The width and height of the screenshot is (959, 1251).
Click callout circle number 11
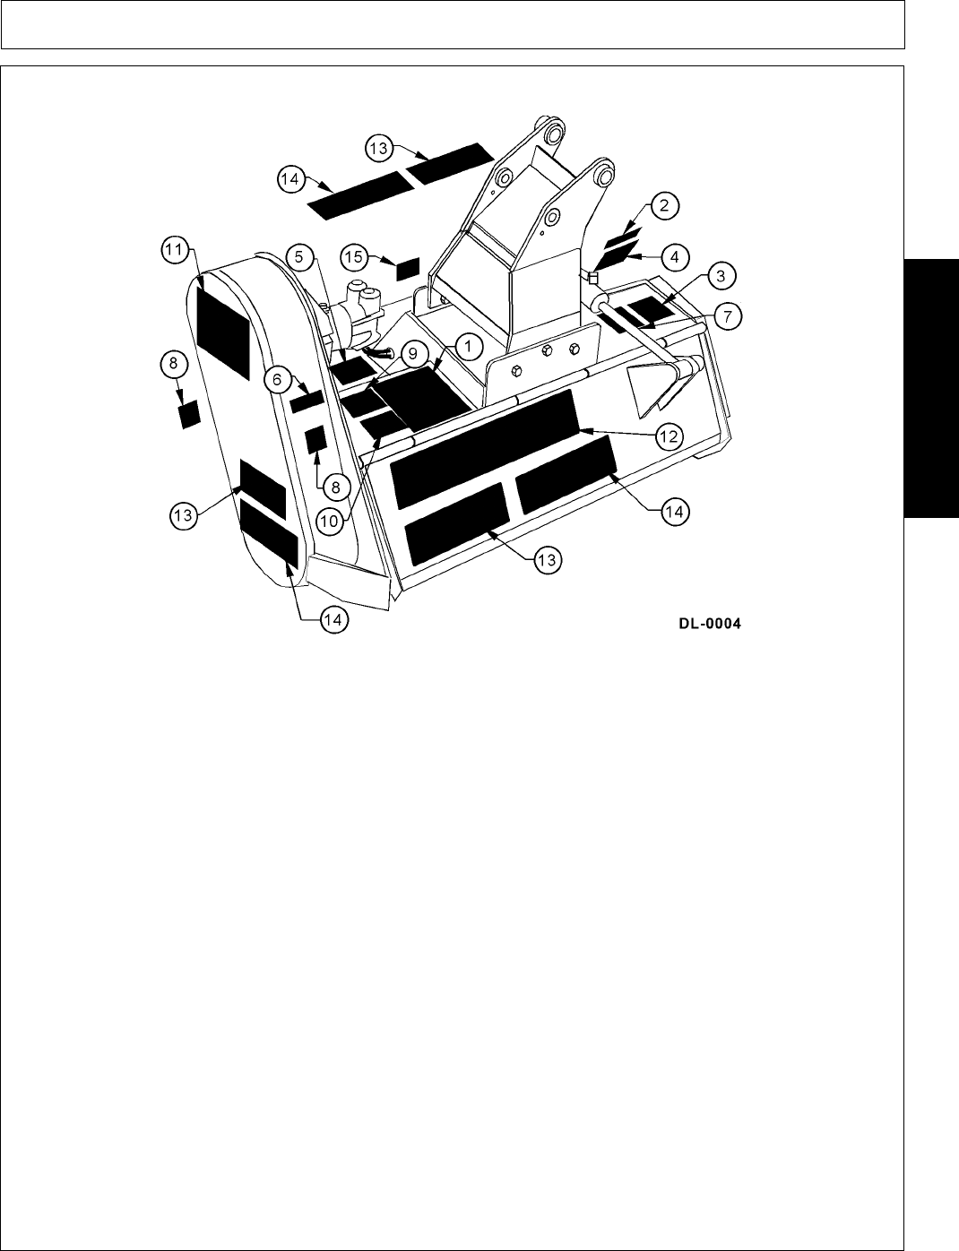point(176,248)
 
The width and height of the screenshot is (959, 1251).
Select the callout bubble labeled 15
point(356,257)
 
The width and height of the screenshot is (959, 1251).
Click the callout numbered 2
point(663,206)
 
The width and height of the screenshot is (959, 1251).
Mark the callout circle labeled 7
point(727,315)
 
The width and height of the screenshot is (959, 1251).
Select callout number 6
point(278,380)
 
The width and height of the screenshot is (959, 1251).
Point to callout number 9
point(412,354)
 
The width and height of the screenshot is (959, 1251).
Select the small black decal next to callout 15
point(408,268)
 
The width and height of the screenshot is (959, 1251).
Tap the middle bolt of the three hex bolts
point(546,351)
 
